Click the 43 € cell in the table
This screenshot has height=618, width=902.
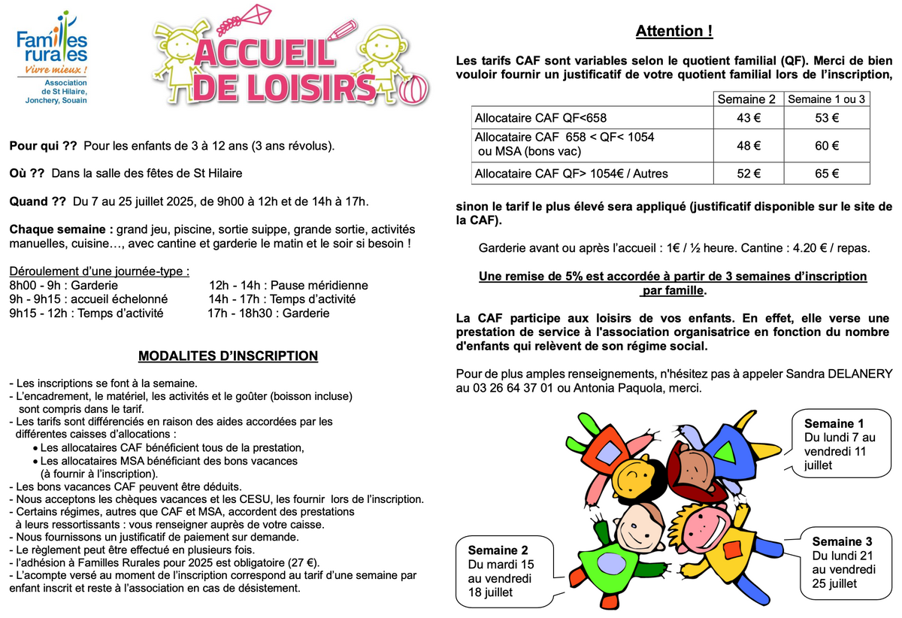click(x=743, y=118)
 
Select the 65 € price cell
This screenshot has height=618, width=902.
click(x=827, y=174)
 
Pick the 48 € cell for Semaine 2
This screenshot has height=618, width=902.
click(x=743, y=146)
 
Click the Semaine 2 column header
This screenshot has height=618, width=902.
click(x=746, y=99)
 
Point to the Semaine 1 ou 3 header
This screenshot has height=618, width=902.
click(x=827, y=99)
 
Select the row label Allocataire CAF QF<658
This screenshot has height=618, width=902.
click(x=540, y=118)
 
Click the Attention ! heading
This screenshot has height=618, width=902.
click(x=673, y=32)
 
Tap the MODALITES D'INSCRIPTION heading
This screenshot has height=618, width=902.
click(x=228, y=356)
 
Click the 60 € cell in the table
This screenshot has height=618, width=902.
click(x=827, y=146)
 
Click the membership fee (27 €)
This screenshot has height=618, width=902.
click(x=304, y=562)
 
